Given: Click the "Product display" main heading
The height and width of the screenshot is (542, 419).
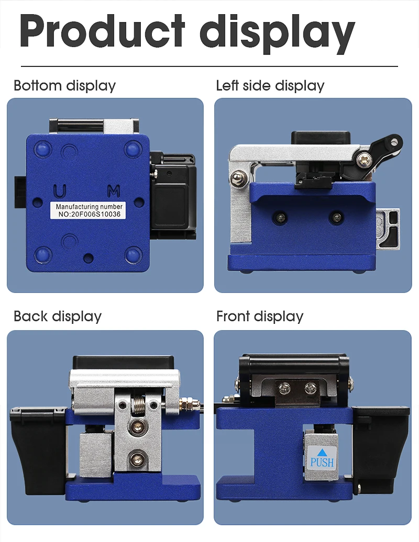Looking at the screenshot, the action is [187, 32].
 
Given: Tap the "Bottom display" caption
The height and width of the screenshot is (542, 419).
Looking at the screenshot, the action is [65, 86].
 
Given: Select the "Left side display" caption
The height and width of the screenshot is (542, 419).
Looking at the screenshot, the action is [270, 86].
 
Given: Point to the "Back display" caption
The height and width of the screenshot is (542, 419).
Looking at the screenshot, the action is [58, 317].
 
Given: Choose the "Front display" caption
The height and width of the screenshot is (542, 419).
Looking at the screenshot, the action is [260, 317].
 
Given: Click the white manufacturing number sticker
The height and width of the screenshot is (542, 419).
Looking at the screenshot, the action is [89, 210].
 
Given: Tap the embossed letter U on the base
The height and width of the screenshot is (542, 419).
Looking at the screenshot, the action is [60, 191].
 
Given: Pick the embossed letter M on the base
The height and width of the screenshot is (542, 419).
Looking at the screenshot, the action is [114, 191].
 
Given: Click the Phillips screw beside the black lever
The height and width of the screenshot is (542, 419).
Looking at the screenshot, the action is [364, 160].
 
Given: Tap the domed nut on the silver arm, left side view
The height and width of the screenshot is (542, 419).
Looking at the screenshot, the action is [237, 178].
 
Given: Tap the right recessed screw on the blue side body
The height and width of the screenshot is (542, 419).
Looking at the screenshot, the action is [336, 218].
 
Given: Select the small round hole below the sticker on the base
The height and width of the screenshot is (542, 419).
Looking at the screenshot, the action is [89, 258].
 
